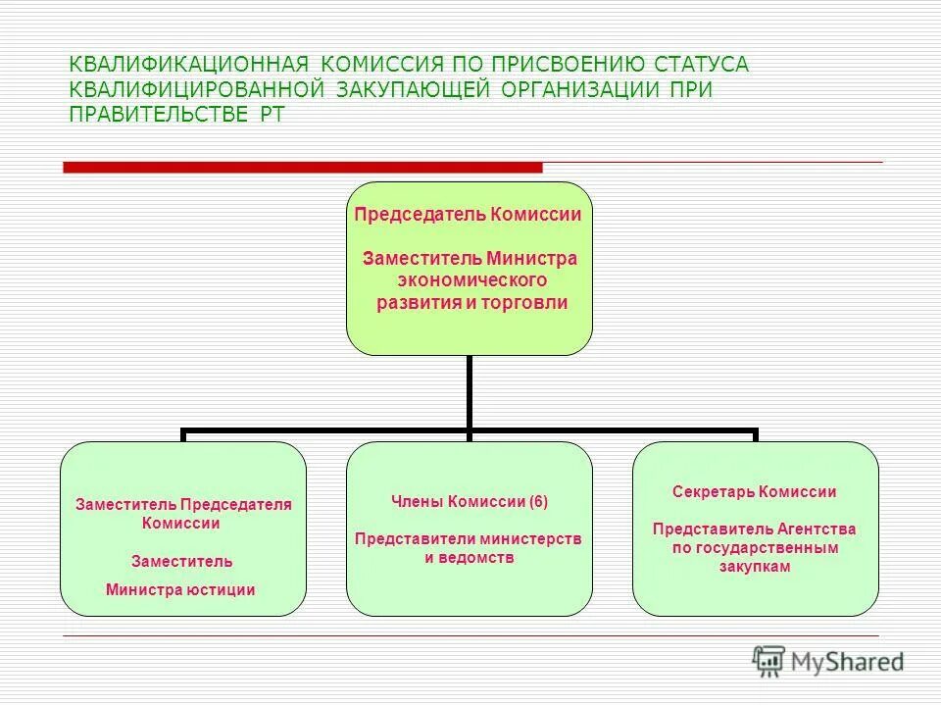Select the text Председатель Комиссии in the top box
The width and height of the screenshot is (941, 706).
468,215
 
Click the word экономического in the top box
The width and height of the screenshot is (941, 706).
470,280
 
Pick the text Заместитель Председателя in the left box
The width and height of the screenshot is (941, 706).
184,504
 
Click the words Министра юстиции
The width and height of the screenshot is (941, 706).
180,589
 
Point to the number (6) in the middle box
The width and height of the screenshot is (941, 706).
538,501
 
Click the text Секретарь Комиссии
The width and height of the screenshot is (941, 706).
754,492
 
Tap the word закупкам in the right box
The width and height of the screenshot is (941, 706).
754,567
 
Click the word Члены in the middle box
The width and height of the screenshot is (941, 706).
418,501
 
